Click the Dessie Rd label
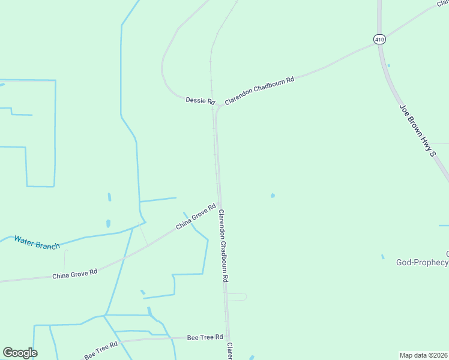click(x=200, y=101)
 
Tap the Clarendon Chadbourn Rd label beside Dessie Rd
click(x=259, y=91)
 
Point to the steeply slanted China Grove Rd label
click(x=196, y=217)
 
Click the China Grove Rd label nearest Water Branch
click(x=74, y=274)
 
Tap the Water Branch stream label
click(x=37, y=242)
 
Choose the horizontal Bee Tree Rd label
click(x=205, y=337)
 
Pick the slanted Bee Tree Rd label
click(x=100, y=350)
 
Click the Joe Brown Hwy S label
click(x=417, y=130)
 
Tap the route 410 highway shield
click(x=379, y=40)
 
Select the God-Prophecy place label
click(x=422, y=262)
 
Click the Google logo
click(x=20, y=353)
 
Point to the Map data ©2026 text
click(x=424, y=355)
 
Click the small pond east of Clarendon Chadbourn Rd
click(x=273, y=195)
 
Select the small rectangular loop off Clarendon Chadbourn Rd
click(x=237, y=297)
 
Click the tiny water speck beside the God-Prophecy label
click(x=382, y=257)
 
